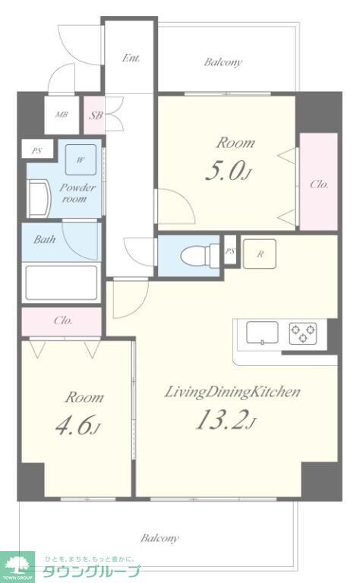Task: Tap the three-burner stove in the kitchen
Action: (303, 332)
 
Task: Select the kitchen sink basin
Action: (262, 332)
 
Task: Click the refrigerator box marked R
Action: (260, 254)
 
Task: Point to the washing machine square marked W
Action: (81, 159)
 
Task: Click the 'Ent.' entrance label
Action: (131, 58)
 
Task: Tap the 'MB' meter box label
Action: (62, 115)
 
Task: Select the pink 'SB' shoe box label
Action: (95, 115)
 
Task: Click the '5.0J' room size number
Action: (229, 172)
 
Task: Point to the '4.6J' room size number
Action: (77, 425)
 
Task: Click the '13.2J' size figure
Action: (226, 421)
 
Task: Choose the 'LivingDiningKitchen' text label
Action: (232, 392)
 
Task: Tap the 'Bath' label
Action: (45, 239)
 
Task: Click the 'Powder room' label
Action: (77, 193)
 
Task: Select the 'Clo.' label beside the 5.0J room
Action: (319, 184)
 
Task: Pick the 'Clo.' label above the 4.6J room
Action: (63, 320)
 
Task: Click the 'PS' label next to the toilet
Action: (230, 251)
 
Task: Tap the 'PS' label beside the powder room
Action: (36, 151)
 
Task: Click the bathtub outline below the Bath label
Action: (61, 282)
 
